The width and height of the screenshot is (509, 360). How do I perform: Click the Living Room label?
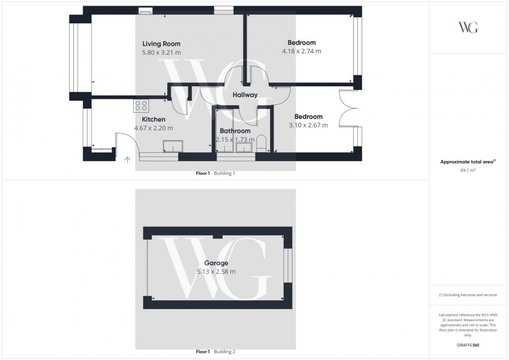pyautogui.click(x=161, y=44)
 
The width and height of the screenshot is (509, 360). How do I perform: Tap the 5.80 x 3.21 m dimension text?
pyautogui.click(x=161, y=52)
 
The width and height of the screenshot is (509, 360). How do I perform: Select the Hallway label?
pyautogui.click(x=245, y=95)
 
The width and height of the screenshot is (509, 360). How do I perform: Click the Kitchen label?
pyautogui.click(x=153, y=119)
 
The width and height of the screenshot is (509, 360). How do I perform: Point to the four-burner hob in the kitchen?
pyautogui.click(x=141, y=106)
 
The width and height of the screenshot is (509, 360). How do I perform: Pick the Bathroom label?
pyautogui.click(x=235, y=131)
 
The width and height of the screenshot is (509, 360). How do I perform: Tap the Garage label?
pyautogui.click(x=216, y=263)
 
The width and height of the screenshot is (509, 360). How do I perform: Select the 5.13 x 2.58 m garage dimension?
pyautogui.click(x=216, y=272)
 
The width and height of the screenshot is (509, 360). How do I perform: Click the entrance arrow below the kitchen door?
pyautogui.click(x=127, y=159)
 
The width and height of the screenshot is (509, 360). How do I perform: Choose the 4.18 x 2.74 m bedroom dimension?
pyautogui.click(x=301, y=51)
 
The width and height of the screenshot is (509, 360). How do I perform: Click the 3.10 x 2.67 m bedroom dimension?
pyautogui.click(x=308, y=125)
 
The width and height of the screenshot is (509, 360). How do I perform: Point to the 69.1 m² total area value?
pyautogui.click(x=468, y=169)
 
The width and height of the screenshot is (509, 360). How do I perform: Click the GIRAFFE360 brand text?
pyautogui.click(x=468, y=345)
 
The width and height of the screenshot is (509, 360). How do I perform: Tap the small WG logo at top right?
pyautogui.click(x=468, y=28)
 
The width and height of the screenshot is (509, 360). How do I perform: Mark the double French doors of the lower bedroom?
pyautogui.click(x=347, y=109)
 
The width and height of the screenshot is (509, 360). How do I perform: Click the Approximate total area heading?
pyautogui.click(x=467, y=162)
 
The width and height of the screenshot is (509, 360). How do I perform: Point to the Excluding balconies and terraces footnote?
pyautogui.click(x=468, y=295)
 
